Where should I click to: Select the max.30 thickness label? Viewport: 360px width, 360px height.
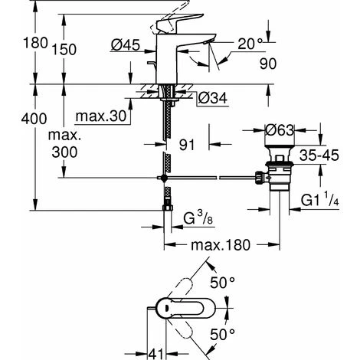pos(102,116)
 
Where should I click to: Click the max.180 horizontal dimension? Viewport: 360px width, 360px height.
pos(214,247)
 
